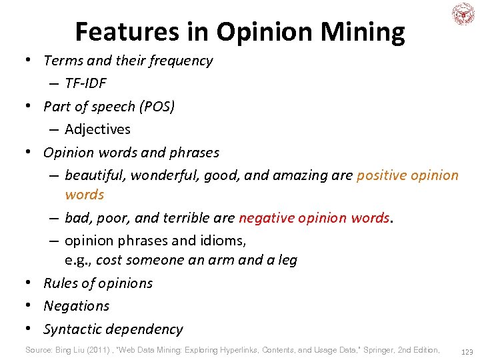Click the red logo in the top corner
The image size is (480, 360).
tap(463, 14)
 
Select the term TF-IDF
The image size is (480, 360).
tap(85, 83)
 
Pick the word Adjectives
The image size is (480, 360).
tap(97, 129)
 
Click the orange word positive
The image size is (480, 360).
tap(381, 175)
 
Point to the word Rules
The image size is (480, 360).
tap(60, 283)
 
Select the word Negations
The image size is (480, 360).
tap(76, 306)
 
